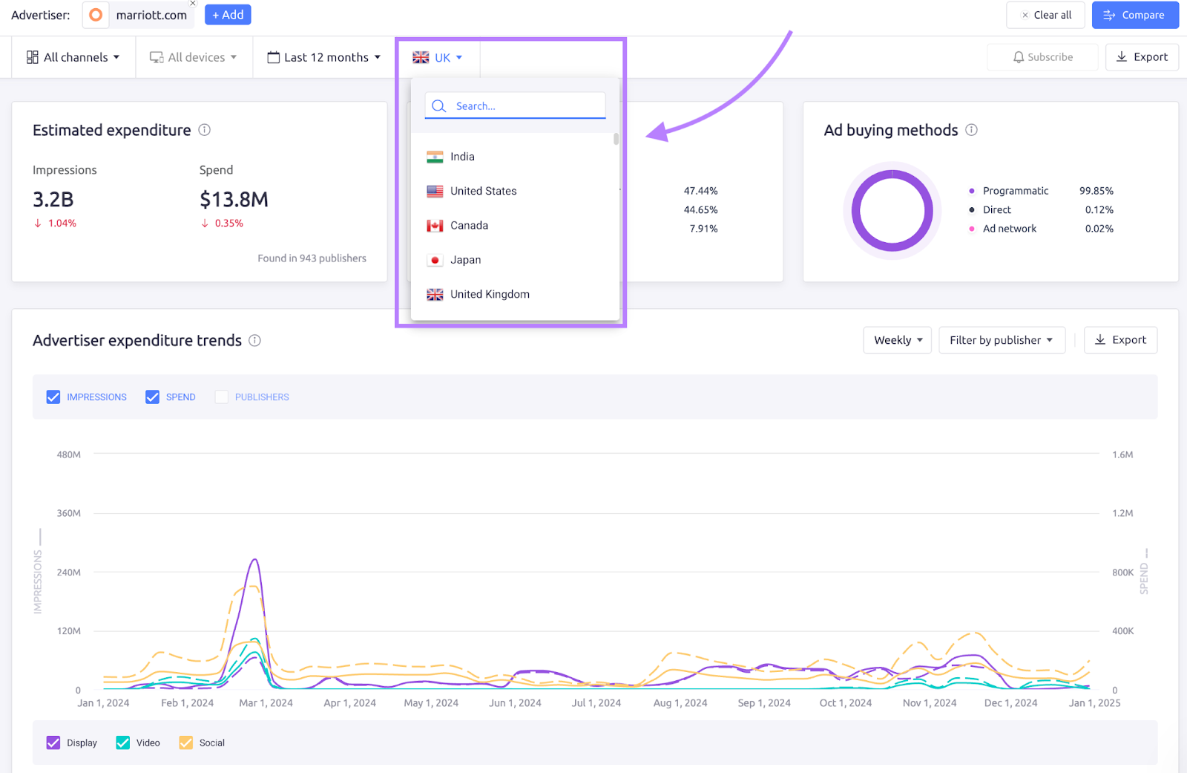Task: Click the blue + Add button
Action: coord(228,15)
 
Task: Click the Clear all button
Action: coord(1045,15)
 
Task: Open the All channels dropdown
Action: coord(73,57)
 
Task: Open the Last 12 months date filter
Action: coord(324,57)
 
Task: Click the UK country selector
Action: coord(438,57)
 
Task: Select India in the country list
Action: coord(462,157)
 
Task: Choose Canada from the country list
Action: coord(469,226)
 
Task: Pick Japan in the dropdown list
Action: coord(465,260)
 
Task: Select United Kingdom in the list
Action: coord(490,294)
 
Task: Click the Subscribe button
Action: coord(1042,57)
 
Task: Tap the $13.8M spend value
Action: coord(234,200)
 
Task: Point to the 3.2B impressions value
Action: coord(53,200)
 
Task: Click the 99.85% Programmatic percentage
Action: coord(1096,191)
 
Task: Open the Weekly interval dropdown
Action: coord(897,340)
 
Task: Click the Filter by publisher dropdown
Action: coord(1002,340)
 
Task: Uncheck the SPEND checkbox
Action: coord(153,397)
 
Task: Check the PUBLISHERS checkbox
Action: coord(222,397)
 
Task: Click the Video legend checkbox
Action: coord(123,743)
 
